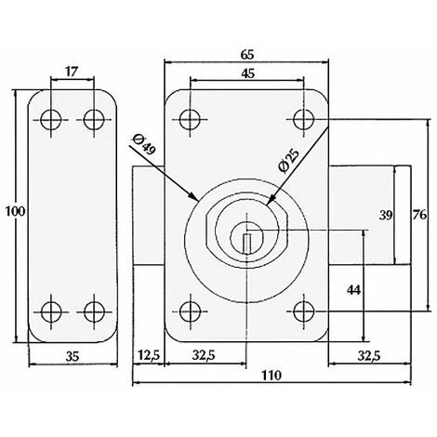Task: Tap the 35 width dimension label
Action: (73, 354)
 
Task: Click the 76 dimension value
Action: (420, 214)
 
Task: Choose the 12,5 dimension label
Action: (149, 354)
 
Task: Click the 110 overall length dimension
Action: (271, 376)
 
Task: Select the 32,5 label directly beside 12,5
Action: (206, 354)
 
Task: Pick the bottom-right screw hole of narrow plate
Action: (93, 311)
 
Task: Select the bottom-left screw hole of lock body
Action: (191, 310)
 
